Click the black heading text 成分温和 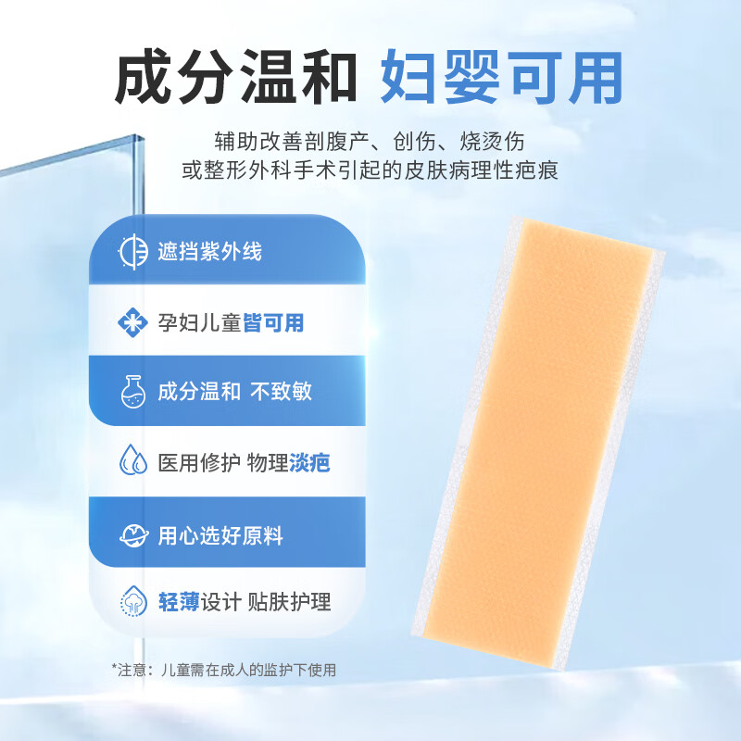(235, 77)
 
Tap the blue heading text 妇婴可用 (502, 77)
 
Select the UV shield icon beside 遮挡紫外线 (132, 251)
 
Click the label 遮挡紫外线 (209, 251)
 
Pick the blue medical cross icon (132, 322)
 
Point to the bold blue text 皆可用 (273, 322)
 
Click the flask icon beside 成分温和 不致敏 (132, 391)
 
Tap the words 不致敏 (282, 391)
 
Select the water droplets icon (132, 459)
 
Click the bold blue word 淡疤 (309, 462)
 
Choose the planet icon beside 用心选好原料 (133, 535)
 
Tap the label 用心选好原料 (220, 535)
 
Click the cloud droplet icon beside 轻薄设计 (133, 600)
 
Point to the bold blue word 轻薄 (179, 602)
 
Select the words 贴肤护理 (289, 602)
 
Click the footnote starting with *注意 (224, 670)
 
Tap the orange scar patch (538, 442)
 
